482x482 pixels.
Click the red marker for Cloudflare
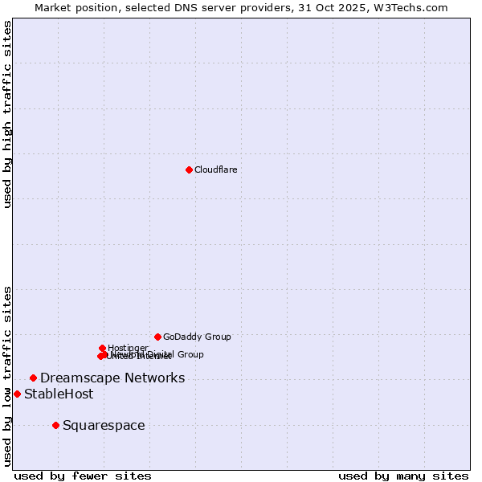(x=189, y=170)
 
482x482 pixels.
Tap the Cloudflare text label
(x=215, y=170)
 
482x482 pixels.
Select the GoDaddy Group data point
(x=157, y=337)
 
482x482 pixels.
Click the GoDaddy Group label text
(x=197, y=337)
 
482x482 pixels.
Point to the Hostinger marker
(x=102, y=348)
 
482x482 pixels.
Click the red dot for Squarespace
(x=55, y=425)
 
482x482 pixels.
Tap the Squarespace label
(x=104, y=425)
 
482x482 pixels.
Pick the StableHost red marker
(x=17, y=394)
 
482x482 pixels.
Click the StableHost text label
(x=59, y=394)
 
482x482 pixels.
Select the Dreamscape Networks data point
(x=33, y=378)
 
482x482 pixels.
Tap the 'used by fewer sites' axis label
(x=83, y=476)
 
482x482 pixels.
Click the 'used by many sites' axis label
(x=403, y=476)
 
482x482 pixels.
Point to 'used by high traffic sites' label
(x=8, y=114)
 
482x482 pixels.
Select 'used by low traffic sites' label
(x=8, y=375)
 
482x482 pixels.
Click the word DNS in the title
(x=186, y=7)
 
